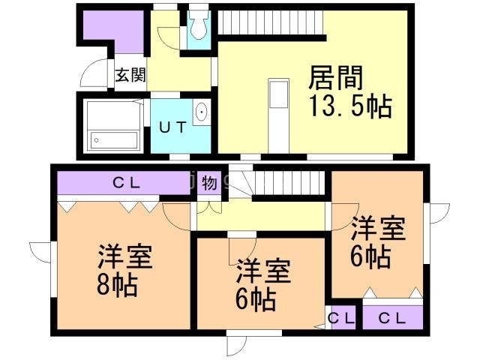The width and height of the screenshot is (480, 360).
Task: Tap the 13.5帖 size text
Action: (350, 106)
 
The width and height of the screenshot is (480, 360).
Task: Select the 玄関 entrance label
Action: (130, 75)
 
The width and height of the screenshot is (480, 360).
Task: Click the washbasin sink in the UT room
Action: (202, 114)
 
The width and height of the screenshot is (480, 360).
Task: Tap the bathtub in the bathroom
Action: (112, 139)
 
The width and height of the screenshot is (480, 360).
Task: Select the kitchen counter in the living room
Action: (277, 112)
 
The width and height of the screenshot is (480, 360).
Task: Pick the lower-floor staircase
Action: (289, 182)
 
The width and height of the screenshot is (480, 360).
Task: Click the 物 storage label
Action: (209, 182)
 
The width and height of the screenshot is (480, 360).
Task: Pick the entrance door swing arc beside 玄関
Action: (94, 75)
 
